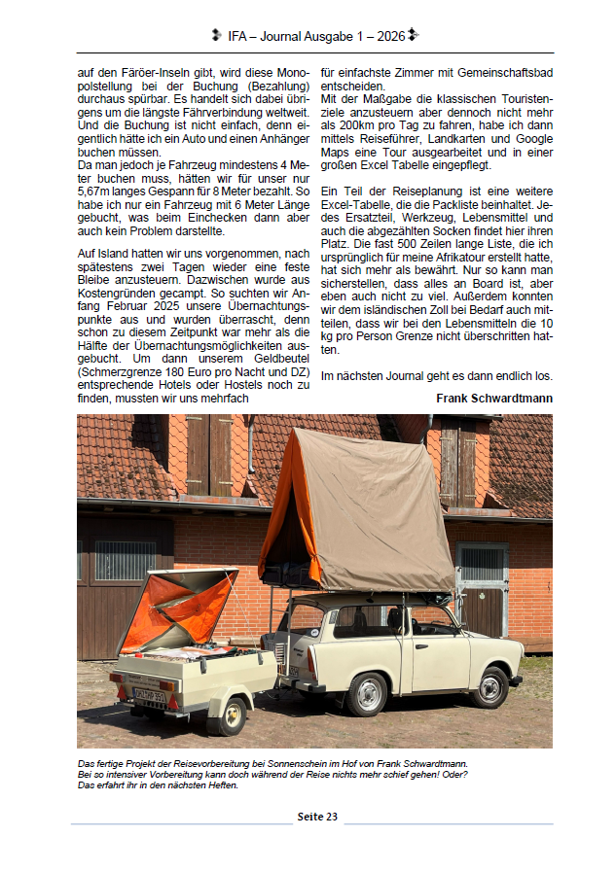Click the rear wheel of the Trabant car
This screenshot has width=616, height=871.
368,693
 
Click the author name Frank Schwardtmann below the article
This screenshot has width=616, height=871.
494,398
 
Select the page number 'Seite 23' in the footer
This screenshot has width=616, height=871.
317,817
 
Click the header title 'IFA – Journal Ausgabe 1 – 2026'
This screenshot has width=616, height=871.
316,36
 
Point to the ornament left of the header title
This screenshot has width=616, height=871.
216,36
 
